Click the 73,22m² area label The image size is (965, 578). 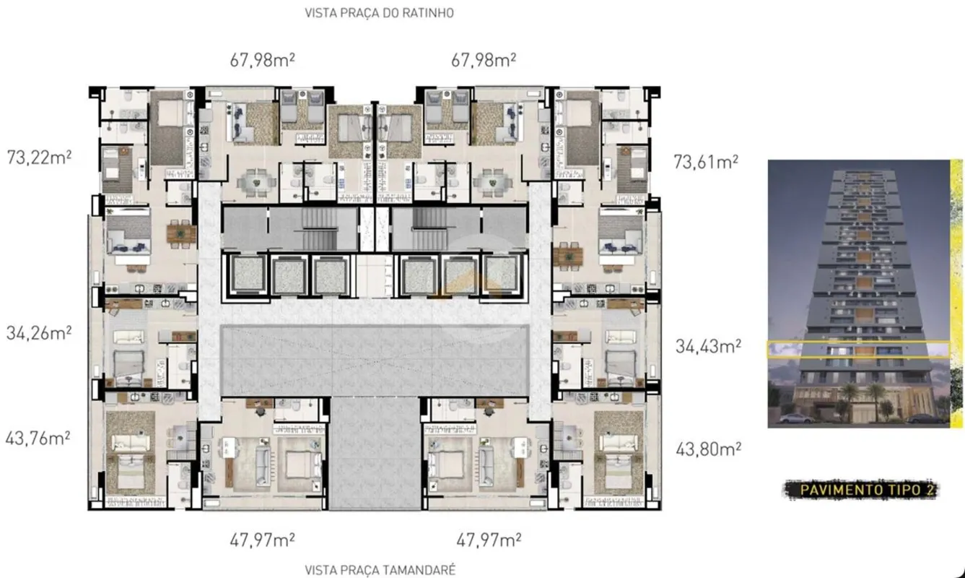click(x=39, y=158)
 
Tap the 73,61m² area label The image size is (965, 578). click(x=706, y=162)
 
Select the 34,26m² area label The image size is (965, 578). click(x=39, y=333)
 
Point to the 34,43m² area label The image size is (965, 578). click(x=708, y=346)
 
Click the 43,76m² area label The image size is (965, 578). click(x=38, y=439)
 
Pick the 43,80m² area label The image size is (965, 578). click(x=708, y=449)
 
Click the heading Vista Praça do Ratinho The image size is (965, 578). click(x=379, y=13)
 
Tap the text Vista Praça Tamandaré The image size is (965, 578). click(x=380, y=570)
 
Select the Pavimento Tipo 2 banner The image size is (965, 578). click(x=861, y=490)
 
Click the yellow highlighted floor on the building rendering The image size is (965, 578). click(x=858, y=350)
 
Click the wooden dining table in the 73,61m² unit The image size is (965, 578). click(x=569, y=256)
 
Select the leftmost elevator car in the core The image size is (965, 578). click(x=247, y=275)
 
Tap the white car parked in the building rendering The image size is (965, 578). click(x=797, y=418)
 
